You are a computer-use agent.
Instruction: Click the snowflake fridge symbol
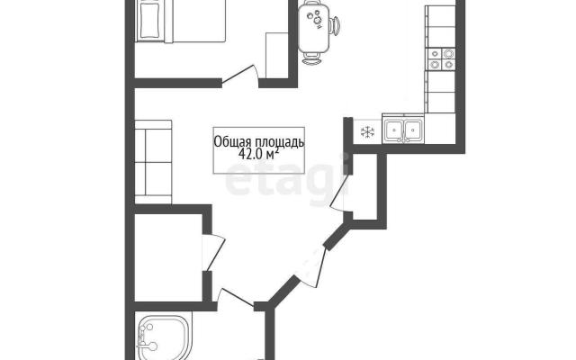[x=367, y=132]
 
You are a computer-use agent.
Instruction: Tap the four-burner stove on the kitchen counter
[x=441, y=59]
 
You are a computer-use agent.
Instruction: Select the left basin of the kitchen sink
[x=394, y=130]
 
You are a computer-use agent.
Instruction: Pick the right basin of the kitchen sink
[x=414, y=130]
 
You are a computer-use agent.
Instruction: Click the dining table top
[x=314, y=28]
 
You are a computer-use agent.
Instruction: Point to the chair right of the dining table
[x=335, y=27]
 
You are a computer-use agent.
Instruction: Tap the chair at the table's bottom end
[x=313, y=58]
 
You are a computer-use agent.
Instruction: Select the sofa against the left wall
[x=153, y=162]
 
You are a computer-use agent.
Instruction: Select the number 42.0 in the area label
[x=250, y=154]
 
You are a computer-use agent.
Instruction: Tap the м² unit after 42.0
[x=272, y=154]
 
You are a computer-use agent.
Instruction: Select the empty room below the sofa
[x=168, y=257]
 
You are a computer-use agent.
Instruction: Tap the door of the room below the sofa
[x=213, y=253]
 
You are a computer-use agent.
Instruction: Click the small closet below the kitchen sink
[x=364, y=186]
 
